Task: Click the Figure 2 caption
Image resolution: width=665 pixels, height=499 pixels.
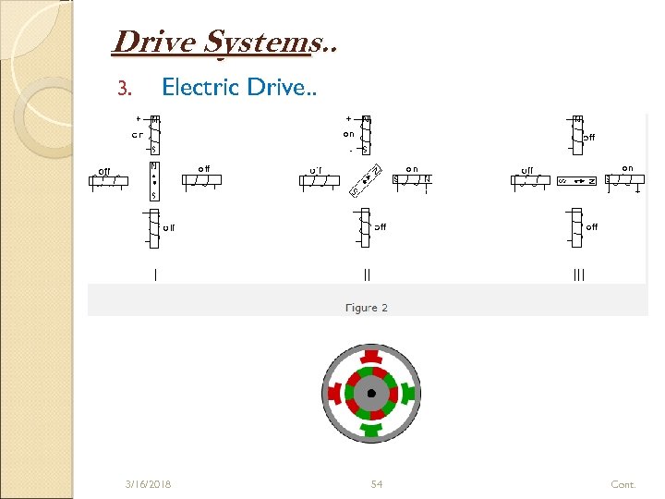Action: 367,308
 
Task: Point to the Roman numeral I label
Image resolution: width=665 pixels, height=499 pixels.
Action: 155,274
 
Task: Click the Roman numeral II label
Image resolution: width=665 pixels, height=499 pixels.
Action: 368,274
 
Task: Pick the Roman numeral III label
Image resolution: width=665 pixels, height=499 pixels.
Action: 579,274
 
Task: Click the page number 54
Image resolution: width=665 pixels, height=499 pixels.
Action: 377,484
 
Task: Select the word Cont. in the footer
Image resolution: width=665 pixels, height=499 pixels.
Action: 623,484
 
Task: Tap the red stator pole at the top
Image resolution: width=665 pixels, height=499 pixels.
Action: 371,357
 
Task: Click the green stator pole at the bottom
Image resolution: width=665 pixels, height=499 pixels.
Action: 371,430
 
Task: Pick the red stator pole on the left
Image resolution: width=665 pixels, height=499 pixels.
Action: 332,394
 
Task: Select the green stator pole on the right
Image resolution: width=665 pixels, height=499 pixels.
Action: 409,394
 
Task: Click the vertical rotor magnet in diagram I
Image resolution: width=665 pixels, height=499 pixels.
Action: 154,180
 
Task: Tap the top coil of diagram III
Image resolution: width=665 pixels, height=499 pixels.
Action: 578,133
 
